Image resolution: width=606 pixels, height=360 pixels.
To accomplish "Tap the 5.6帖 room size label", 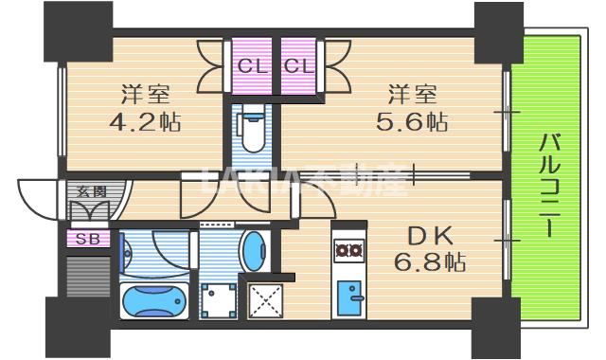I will click(x=416, y=122).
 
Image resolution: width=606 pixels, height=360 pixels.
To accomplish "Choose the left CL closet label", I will click(x=252, y=66).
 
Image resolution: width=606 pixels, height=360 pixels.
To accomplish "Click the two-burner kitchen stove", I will click(x=348, y=251).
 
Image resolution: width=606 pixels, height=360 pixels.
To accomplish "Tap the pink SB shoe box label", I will click(x=87, y=238).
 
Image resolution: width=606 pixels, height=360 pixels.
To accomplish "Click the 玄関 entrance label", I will click(x=87, y=191).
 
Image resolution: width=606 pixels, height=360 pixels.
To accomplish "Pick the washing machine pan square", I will click(x=220, y=301).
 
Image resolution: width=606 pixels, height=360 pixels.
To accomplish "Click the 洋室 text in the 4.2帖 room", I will click(x=145, y=95).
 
